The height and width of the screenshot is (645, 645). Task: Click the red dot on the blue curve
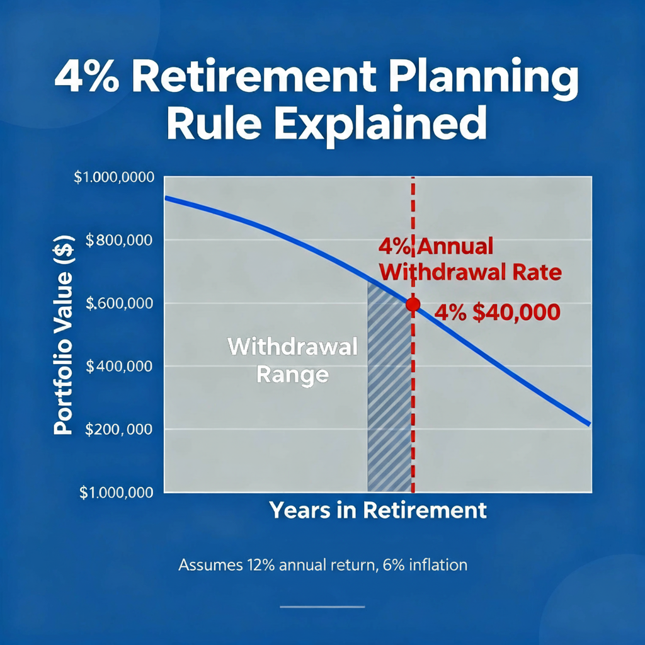(x=413, y=304)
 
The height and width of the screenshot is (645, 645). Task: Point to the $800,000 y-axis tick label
(x=120, y=240)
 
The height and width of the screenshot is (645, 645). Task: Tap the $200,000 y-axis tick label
(x=120, y=430)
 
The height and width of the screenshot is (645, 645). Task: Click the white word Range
(x=292, y=375)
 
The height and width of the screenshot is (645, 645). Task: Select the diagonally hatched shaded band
(x=389, y=403)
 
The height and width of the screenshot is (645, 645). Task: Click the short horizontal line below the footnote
(x=322, y=607)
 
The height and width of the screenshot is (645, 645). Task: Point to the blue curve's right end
(x=588, y=424)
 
